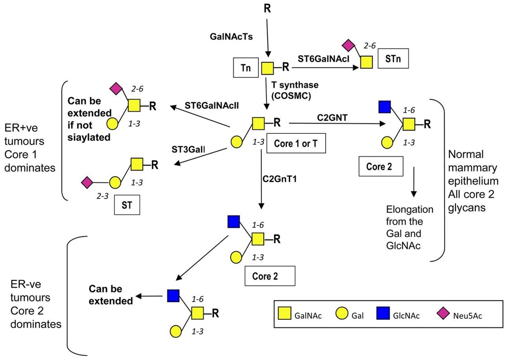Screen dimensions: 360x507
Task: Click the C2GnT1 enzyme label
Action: (280, 180)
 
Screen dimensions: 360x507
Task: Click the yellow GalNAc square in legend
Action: (284, 315)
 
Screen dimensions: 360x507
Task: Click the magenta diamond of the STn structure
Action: (347, 45)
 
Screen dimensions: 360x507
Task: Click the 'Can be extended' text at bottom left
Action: (111, 294)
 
